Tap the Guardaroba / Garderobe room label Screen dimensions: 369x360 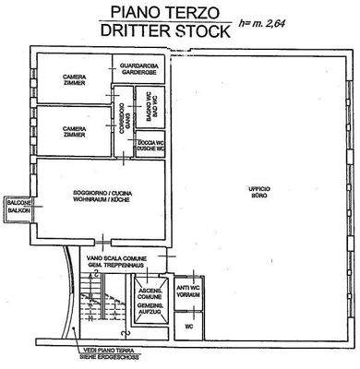[x=137, y=68]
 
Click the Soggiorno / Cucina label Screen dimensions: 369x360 [x=101, y=195]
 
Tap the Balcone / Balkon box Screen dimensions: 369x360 [x=18, y=207]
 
